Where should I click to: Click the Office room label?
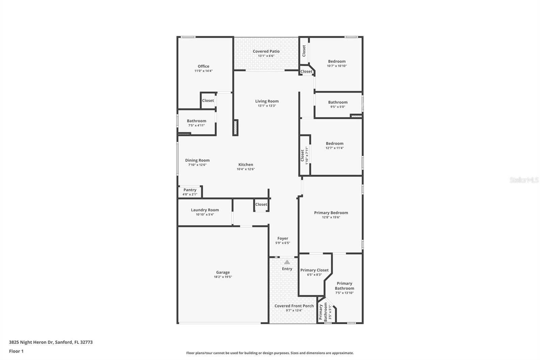[x=204, y=66]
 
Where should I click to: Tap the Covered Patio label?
[x=266, y=51]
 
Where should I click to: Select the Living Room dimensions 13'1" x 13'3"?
[x=267, y=106]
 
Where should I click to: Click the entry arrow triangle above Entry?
[x=287, y=262]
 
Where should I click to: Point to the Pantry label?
[x=190, y=190]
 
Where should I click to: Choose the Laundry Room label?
[x=205, y=210]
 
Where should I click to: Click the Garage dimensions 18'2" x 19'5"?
[x=223, y=277]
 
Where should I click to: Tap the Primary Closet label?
[x=314, y=270]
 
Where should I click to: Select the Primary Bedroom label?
[x=331, y=213]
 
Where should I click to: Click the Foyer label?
[x=283, y=238]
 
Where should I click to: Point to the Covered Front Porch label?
[x=294, y=306]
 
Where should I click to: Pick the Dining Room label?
[x=197, y=160]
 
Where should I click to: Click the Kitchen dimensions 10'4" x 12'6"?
[x=246, y=169]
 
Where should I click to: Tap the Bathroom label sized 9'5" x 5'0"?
[x=337, y=102]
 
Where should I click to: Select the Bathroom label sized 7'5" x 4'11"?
[x=196, y=121]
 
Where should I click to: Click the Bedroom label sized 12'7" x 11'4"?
[x=334, y=144]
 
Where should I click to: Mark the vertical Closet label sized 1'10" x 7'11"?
[x=302, y=155]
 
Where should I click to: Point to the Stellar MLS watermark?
[x=524, y=180]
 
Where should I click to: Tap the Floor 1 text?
[x=16, y=351]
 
